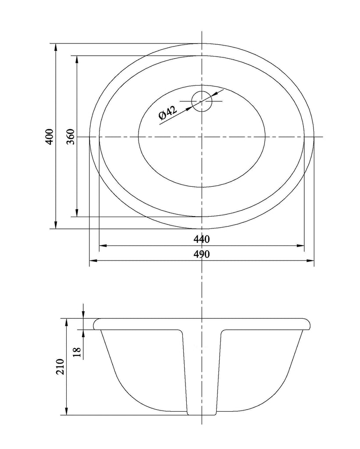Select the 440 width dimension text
tap(202, 240)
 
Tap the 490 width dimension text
tap(202, 254)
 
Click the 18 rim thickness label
tap(77, 352)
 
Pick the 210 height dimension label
tap(60, 367)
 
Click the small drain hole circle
tap(202, 101)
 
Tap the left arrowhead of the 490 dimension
tap(93, 261)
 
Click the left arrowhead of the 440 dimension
tap(103, 246)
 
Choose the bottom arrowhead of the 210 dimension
tap(66, 412)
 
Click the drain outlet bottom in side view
tap(202, 414)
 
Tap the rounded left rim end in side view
tap(95, 324)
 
